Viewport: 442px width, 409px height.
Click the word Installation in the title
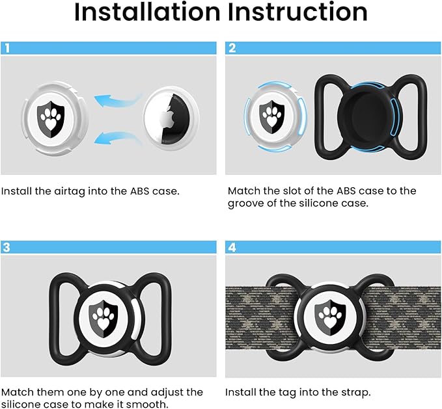(x=146, y=12)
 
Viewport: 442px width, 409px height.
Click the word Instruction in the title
(x=297, y=12)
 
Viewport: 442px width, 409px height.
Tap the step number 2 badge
(x=232, y=47)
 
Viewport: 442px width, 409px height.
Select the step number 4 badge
(x=232, y=247)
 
